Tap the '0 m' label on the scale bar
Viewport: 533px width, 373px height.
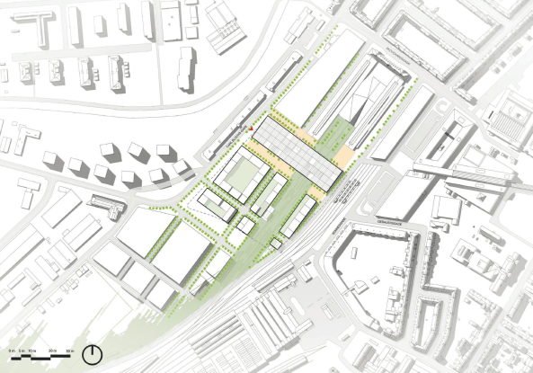point(8,348)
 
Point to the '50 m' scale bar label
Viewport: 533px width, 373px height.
point(69,348)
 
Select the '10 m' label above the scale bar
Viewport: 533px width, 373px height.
point(31,348)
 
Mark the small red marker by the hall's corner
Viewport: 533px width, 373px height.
point(251,129)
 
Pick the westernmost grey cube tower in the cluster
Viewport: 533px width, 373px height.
point(52,161)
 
